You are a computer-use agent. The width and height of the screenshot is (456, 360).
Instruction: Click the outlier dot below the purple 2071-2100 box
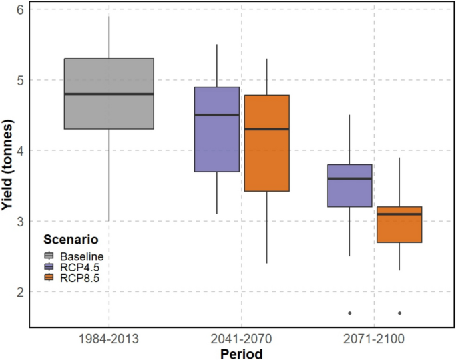tap(350, 313)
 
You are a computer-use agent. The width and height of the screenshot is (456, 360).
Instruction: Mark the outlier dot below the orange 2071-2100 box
tap(399, 313)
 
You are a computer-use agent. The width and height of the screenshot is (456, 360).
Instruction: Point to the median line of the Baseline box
tap(109, 94)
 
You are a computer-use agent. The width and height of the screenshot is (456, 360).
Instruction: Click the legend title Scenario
tap(71, 239)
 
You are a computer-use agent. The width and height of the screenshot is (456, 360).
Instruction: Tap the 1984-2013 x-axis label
tap(109, 338)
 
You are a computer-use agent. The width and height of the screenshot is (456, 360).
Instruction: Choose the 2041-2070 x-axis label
tap(241, 338)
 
